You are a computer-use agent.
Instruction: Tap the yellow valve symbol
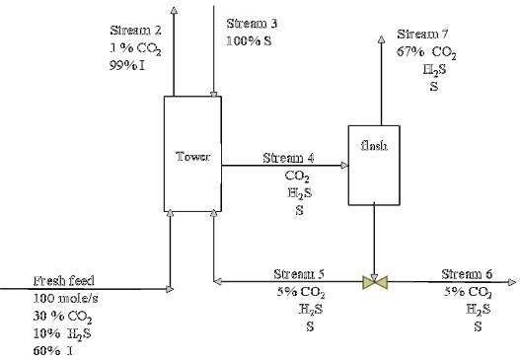pyautogui.click(x=374, y=283)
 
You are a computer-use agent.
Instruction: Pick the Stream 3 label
pyautogui.click(x=253, y=23)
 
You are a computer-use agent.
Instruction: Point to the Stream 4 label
pyautogui.click(x=288, y=158)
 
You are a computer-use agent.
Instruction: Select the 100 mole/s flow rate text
pyautogui.click(x=65, y=298)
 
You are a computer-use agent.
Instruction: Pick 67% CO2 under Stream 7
pyautogui.click(x=425, y=52)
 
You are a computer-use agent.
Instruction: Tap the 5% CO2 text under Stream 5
pyautogui.click(x=300, y=292)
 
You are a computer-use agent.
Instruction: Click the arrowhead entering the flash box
pyautogui.click(x=342, y=166)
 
